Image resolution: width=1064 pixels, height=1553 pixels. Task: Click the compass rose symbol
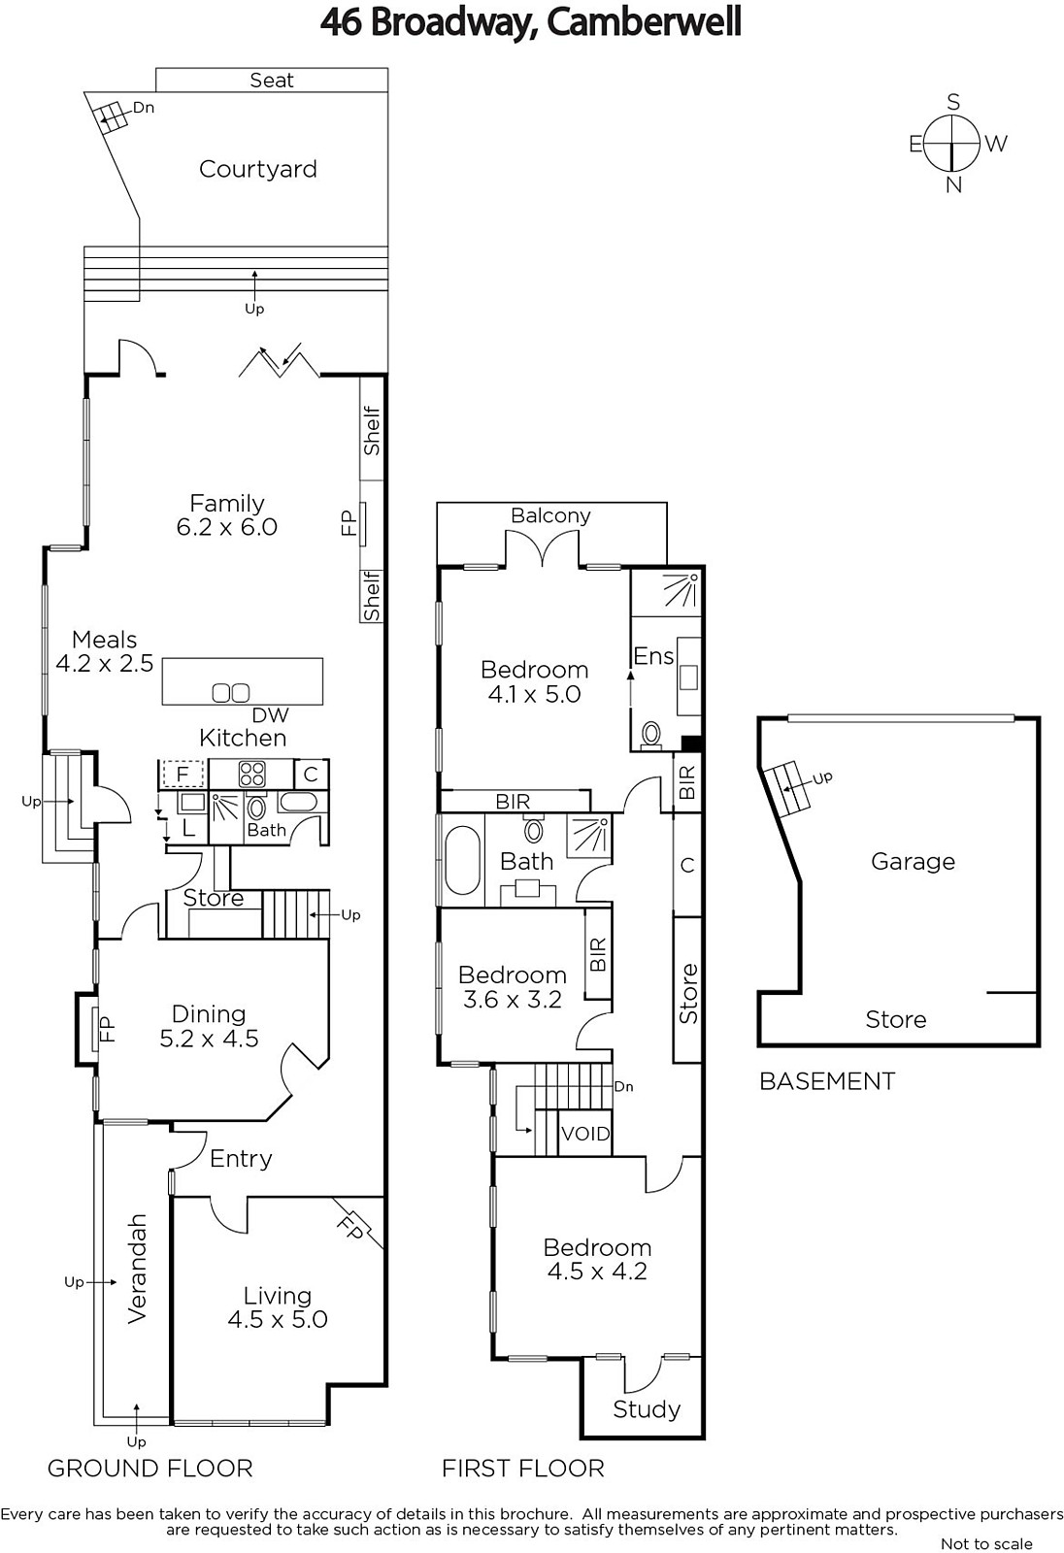[953, 144]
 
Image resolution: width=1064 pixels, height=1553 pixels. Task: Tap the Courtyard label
[258, 169]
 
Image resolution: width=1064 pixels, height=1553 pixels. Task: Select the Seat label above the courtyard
[272, 81]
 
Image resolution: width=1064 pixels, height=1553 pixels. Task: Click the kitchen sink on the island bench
[231, 692]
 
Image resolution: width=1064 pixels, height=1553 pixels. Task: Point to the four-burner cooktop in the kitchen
[251, 774]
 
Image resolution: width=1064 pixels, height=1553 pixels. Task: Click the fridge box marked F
[183, 774]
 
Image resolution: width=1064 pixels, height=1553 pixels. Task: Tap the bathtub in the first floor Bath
[462, 860]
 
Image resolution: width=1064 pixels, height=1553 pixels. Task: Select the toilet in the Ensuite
[651, 735]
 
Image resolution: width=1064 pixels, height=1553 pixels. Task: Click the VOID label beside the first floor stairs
[585, 1134]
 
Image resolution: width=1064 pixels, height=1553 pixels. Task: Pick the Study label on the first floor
[647, 1409]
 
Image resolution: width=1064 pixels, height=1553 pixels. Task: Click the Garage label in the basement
[913, 862]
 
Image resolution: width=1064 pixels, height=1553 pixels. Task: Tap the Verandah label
[137, 1269]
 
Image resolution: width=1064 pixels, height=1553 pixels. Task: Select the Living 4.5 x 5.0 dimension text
[278, 1319]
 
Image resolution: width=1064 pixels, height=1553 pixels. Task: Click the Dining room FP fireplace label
[108, 1029]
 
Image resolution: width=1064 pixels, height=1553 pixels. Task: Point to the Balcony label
[550, 515]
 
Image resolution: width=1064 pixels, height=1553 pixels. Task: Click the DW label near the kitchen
[270, 714]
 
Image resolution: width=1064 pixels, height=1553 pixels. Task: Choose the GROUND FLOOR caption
[150, 1469]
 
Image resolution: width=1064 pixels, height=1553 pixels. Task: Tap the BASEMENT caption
[827, 1081]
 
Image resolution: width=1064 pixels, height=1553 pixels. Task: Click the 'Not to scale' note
[986, 1544]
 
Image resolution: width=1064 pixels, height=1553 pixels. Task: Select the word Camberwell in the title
[645, 22]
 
